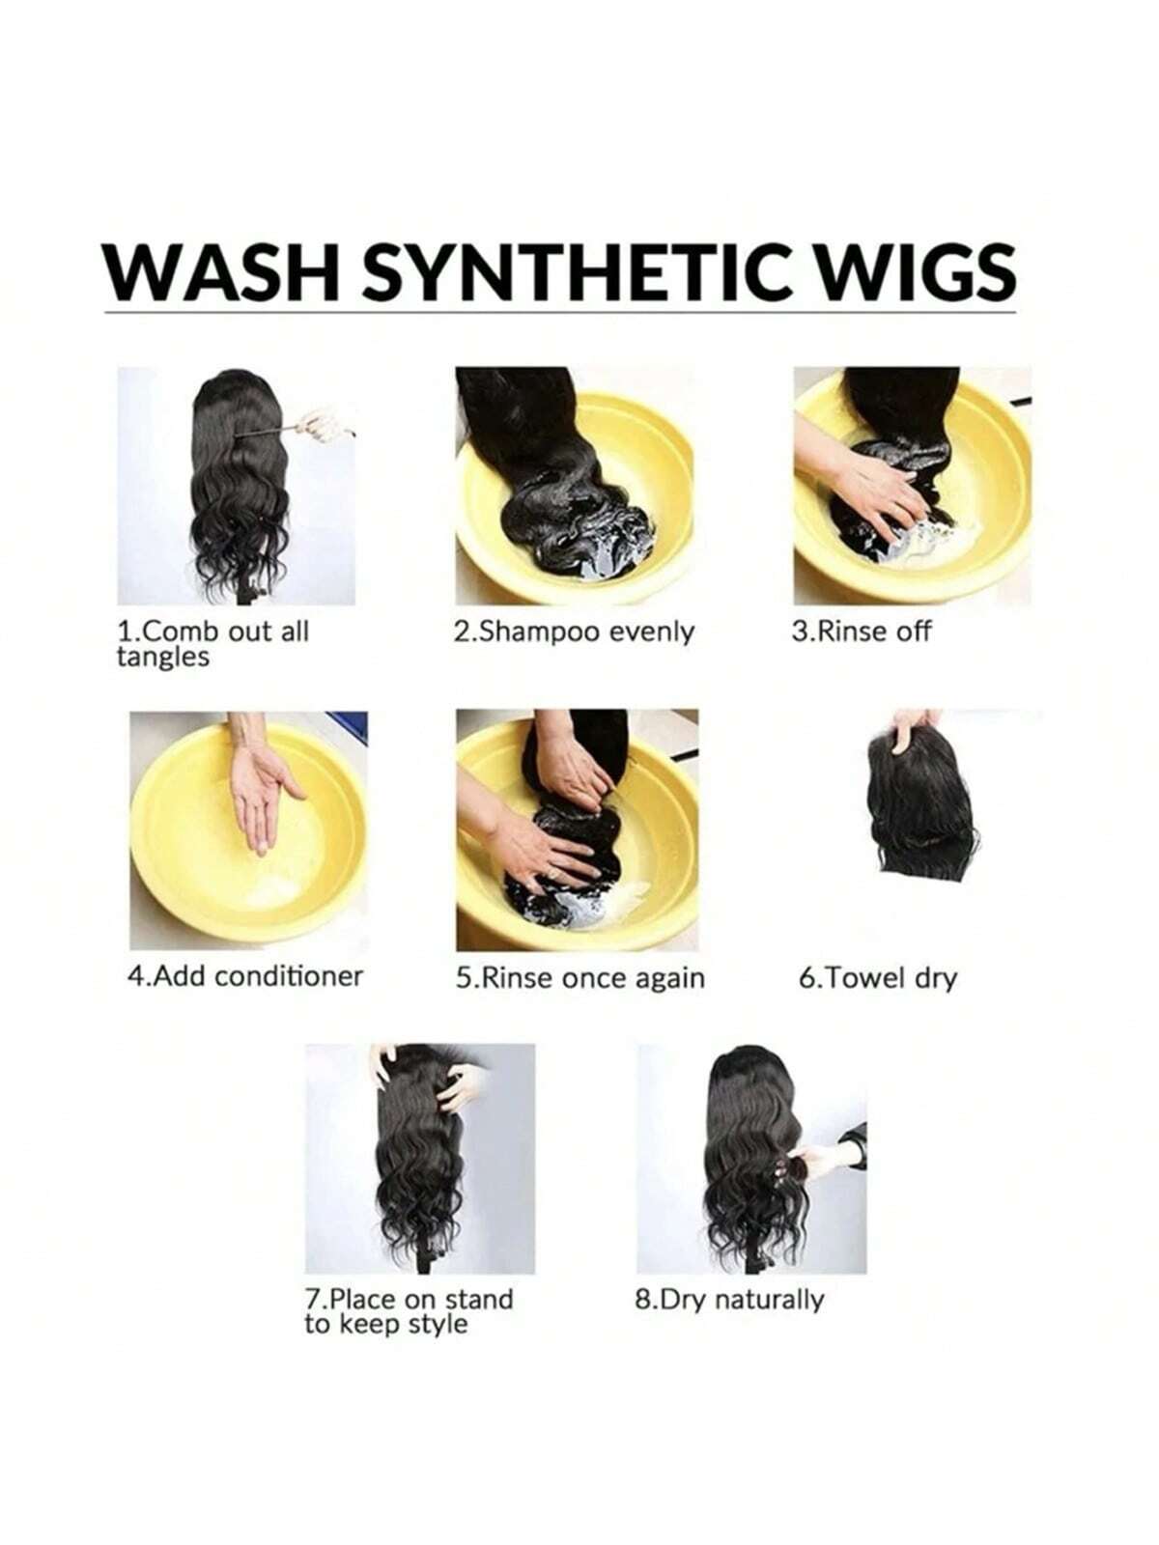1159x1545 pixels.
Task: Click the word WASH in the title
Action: pyautogui.click(x=221, y=271)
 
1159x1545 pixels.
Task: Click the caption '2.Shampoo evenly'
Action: pyautogui.click(x=574, y=632)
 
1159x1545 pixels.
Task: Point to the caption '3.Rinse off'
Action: pyautogui.click(x=861, y=632)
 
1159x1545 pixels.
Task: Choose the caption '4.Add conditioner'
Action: pyautogui.click(x=245, y=976)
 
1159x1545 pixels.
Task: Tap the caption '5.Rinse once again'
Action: pyautogui.click(x=579, y=978)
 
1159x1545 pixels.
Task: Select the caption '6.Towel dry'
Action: pyautogui.click(x=878, y=978)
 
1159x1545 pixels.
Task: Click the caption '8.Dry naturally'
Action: pyautogui.click(x=729, y=1300)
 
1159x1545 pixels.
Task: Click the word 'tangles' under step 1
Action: pyautogui.click(x=162, y=659)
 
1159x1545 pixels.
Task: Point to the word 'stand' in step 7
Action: pyautogui.click(x=477, y=1300)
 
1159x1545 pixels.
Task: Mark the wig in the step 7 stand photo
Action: pyautogui.click(x=420, y=1154)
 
